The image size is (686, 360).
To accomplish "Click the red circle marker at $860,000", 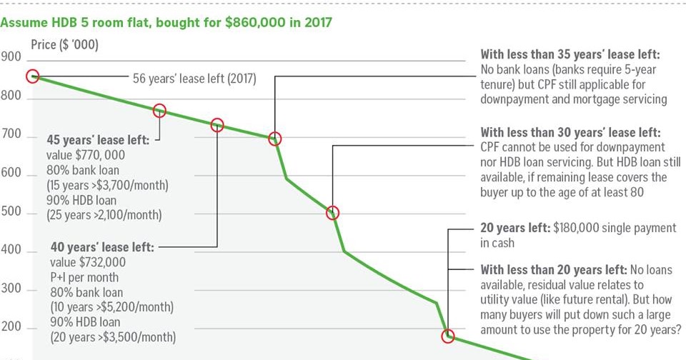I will pos(32,76).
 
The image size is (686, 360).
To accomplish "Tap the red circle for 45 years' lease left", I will pos(159,111).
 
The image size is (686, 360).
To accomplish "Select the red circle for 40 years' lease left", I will pos(217,125).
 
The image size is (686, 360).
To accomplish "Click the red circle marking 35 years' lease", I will pos(274,139).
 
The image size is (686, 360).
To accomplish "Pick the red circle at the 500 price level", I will pos(332,213).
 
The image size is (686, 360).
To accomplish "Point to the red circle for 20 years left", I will pos(448,336).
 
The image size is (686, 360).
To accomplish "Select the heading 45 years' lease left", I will pos(98,140).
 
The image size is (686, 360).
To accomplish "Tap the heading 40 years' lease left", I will pos(102,247).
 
